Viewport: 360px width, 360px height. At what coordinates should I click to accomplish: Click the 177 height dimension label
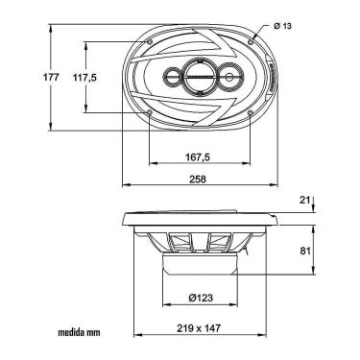tap(51, 77)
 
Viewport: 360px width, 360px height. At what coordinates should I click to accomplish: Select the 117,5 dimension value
tap(84, 78)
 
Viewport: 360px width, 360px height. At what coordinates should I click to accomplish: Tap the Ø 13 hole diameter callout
tap(282, 26)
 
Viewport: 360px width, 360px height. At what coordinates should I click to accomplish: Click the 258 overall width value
tap(198, 180)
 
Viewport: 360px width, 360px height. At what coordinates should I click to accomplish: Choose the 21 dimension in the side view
tap(304, 200)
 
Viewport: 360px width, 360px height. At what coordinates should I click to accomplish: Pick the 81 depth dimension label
tap(305, 251)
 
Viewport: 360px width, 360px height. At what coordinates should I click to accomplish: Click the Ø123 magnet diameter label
tap(201, 298)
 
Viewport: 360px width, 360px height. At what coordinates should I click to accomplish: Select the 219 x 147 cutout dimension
tap(199, 328)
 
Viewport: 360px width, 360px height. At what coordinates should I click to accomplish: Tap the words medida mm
tap(79, 332)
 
